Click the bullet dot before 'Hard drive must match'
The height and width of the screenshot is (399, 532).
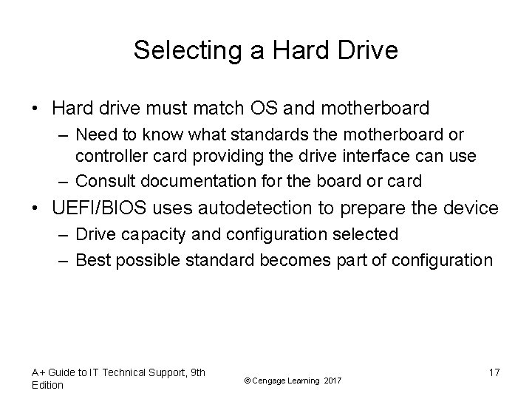[x=36, y=109]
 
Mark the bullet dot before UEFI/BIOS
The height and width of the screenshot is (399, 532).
[x=36, y=209]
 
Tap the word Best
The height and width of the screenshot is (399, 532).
[x=92, y=260]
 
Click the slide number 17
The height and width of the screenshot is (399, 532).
[x=494, y=373]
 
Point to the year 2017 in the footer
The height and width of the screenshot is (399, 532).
[x=333, y=380]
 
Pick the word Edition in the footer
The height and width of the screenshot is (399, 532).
[x=48, y=385]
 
